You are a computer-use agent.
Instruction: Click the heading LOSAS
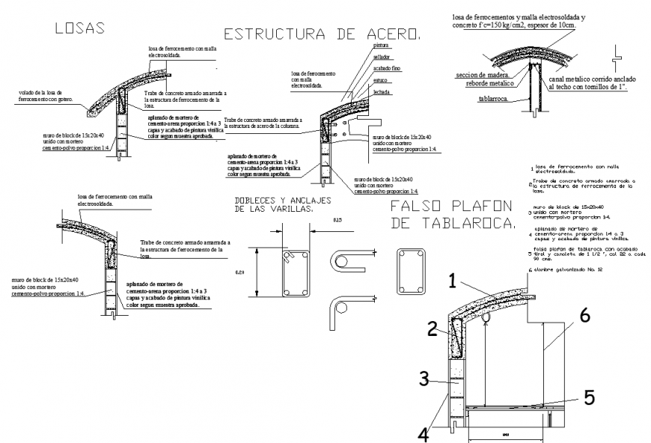[78, 28]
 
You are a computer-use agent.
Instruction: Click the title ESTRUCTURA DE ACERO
[323, 34]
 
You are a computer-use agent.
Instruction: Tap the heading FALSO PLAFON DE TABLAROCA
[452, 213]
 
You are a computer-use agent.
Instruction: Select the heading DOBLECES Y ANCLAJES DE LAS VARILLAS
[274, 205]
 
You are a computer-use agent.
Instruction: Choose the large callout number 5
[589, 397]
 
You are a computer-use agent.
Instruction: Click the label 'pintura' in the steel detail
[382, 46]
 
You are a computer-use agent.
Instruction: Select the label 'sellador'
[383, 56]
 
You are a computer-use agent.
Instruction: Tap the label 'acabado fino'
[386, 67]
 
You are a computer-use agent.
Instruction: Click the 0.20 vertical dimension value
[239, 272]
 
